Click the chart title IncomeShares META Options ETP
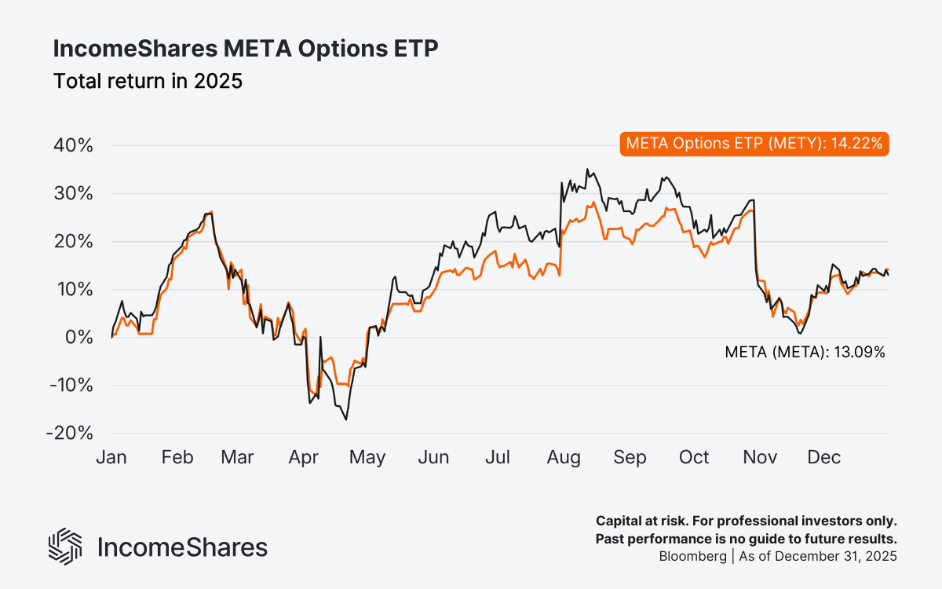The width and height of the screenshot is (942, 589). [x=245, y=49]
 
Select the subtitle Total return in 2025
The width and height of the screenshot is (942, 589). [x=148, y=81]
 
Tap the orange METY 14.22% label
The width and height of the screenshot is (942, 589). [x=754, y=143]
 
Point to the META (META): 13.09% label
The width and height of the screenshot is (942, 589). [x=805, y=353]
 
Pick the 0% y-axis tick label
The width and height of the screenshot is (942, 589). [x=80, y=338]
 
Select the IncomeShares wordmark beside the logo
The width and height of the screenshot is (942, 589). [x=182, y=547]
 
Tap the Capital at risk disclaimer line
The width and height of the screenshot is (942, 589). [x=746, y=521]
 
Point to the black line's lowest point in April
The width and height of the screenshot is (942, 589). [x=346, y=419]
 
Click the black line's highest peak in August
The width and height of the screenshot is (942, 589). [x=586, y=169]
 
